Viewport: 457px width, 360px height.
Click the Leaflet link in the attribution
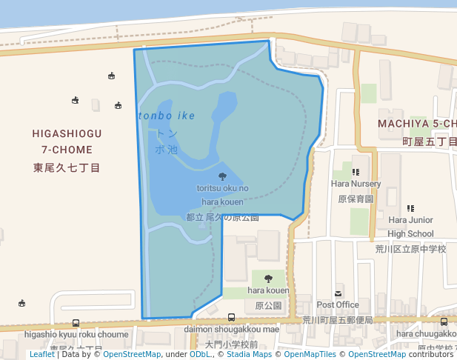click(x=41, y=354)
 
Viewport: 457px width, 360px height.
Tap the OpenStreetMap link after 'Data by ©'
click(x=132, y=354)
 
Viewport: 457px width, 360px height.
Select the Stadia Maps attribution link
click(x=247, y=354)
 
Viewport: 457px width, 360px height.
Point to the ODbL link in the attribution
click(x=199, y=354)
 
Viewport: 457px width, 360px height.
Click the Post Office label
click(x=338, y=304)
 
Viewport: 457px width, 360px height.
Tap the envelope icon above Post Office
click(x=338, y=293)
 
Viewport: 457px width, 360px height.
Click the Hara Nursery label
click(x=356, y=184)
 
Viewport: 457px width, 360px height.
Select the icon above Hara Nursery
click(x=356, y=173)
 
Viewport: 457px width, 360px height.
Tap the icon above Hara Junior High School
click(x=410, y=208)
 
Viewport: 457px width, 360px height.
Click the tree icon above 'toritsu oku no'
click(x=223, y=176)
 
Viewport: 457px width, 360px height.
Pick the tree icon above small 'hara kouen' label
click(x=268, y=279)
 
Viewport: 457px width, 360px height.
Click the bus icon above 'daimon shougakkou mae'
click(x=232, y=318)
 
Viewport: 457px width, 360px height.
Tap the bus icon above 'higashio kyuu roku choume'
click(x=76, y=323)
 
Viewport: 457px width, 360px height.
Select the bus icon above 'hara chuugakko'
click(x=444, y=322)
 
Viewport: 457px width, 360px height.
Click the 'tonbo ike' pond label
click(x=167, y=116)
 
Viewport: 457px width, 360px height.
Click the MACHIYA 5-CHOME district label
click(x=417, y=123)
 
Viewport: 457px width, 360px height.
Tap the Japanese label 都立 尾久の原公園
click(x=222, y=218)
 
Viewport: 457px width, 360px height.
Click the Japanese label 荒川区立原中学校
click(x=410, y=249)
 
